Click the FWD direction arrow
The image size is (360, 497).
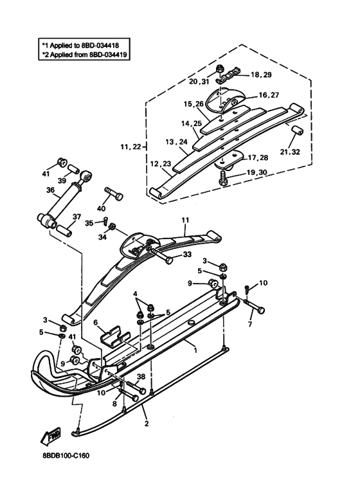point(51,437)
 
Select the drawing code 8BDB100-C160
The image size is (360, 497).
point(66,456)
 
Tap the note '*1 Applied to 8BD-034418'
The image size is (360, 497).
point(80,45)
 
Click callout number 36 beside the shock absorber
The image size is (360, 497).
point(50,190)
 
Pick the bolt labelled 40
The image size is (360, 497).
point(113,194)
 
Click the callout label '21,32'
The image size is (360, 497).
point(290,152)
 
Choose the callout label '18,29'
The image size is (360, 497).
point(261,75)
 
